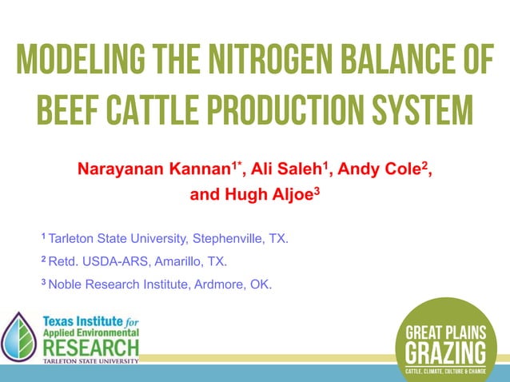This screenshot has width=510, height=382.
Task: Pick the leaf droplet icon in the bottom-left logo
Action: [x=19, y=336]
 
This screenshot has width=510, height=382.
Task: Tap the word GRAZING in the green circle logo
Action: [x=445, y=352]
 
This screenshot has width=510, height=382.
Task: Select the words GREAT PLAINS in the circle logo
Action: [x=445, y=332]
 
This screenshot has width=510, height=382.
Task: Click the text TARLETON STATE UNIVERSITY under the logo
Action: [x=90, y=361]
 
